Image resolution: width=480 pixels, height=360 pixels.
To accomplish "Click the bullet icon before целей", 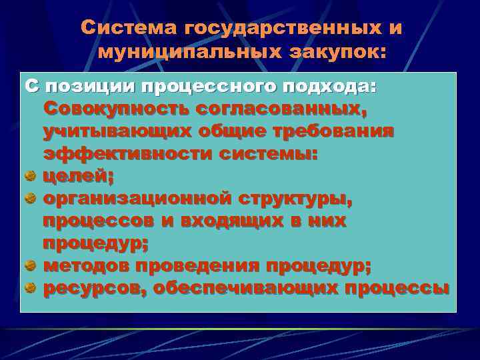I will [x=30, y=176].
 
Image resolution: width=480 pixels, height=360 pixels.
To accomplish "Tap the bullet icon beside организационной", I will [x=30, y=199].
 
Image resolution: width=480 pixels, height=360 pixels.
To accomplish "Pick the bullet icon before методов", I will [x=30, y=265].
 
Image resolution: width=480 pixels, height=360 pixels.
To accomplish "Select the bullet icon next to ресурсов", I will [x=30, y=288].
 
